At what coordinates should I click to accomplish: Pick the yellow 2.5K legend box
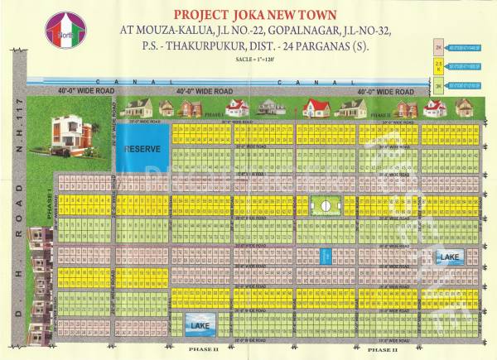tap(440, 65)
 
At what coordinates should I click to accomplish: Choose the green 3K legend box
tap(440, 83)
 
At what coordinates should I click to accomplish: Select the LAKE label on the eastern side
tap(448, 259)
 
